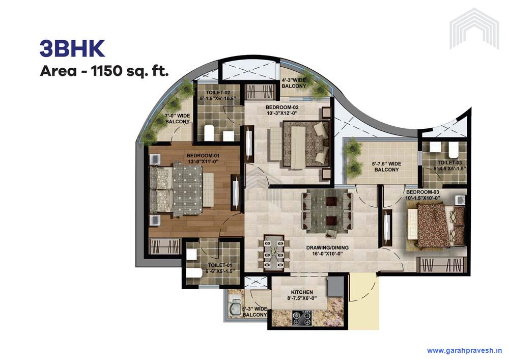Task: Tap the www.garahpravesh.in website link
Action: [x=465, y=350]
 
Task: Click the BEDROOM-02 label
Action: [x=282, y=110]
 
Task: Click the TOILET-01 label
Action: [x=220, y=268]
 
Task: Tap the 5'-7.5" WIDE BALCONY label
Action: [x=387, y=167]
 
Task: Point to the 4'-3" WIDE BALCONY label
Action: [x=294, y=83]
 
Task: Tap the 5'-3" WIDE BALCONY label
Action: [x=254, y=312]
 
